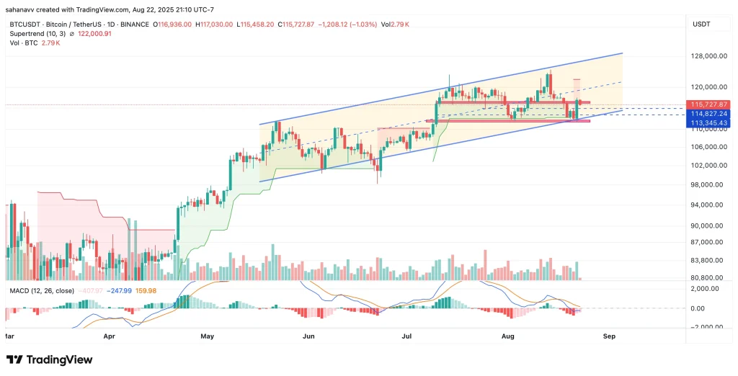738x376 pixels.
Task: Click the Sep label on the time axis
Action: (609, 336)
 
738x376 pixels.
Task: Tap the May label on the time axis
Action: (208, 336)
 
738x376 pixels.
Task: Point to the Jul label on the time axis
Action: (406, 336)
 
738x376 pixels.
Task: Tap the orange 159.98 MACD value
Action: (146, 290)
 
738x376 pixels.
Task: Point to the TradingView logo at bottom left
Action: (50, 359)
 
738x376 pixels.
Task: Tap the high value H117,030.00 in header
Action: (214, 24)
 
